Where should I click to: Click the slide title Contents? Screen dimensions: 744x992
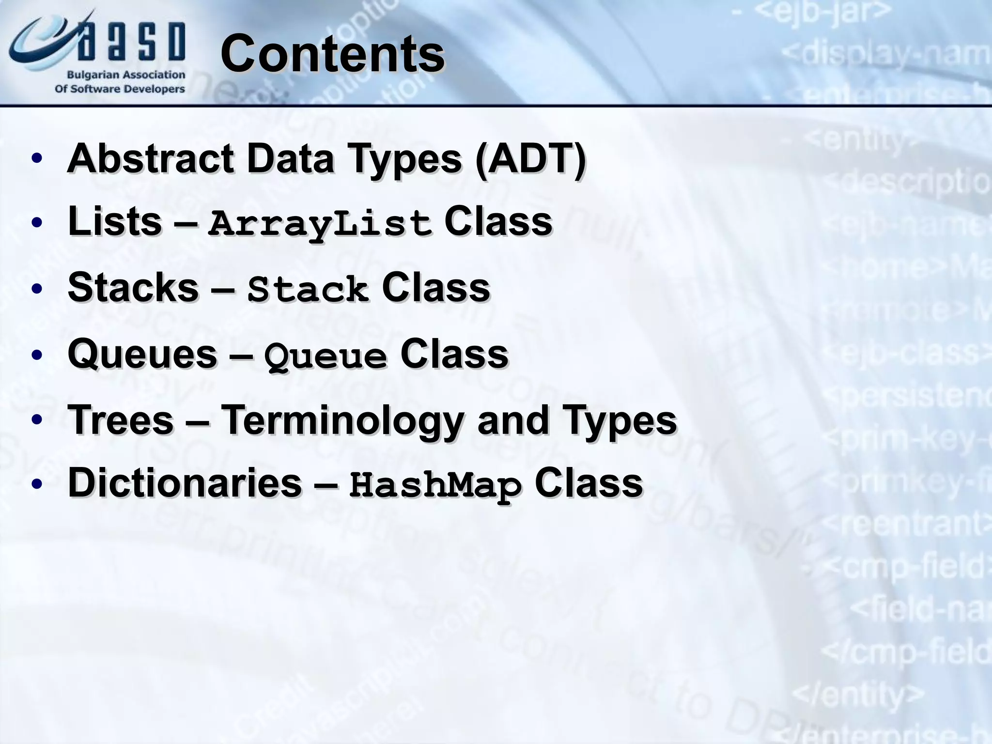tap(332, 54)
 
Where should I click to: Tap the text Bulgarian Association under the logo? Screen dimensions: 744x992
tap(126, 75)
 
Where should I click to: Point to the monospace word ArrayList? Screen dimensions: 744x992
tap(320, 224)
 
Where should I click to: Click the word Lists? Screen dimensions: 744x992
tap(115, 222)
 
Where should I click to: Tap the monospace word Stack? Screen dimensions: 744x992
tap(308, 290)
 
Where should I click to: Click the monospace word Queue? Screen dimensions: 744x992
tap(325, 356)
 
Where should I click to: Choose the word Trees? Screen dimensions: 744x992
tap(121, 419)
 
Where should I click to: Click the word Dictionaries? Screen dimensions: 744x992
tap(185, 483)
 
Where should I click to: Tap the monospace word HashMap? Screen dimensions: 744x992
tap(435, 486)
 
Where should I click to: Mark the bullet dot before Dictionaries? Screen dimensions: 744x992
tap(36, 484)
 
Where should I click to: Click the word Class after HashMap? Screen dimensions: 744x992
tap(589, 483)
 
